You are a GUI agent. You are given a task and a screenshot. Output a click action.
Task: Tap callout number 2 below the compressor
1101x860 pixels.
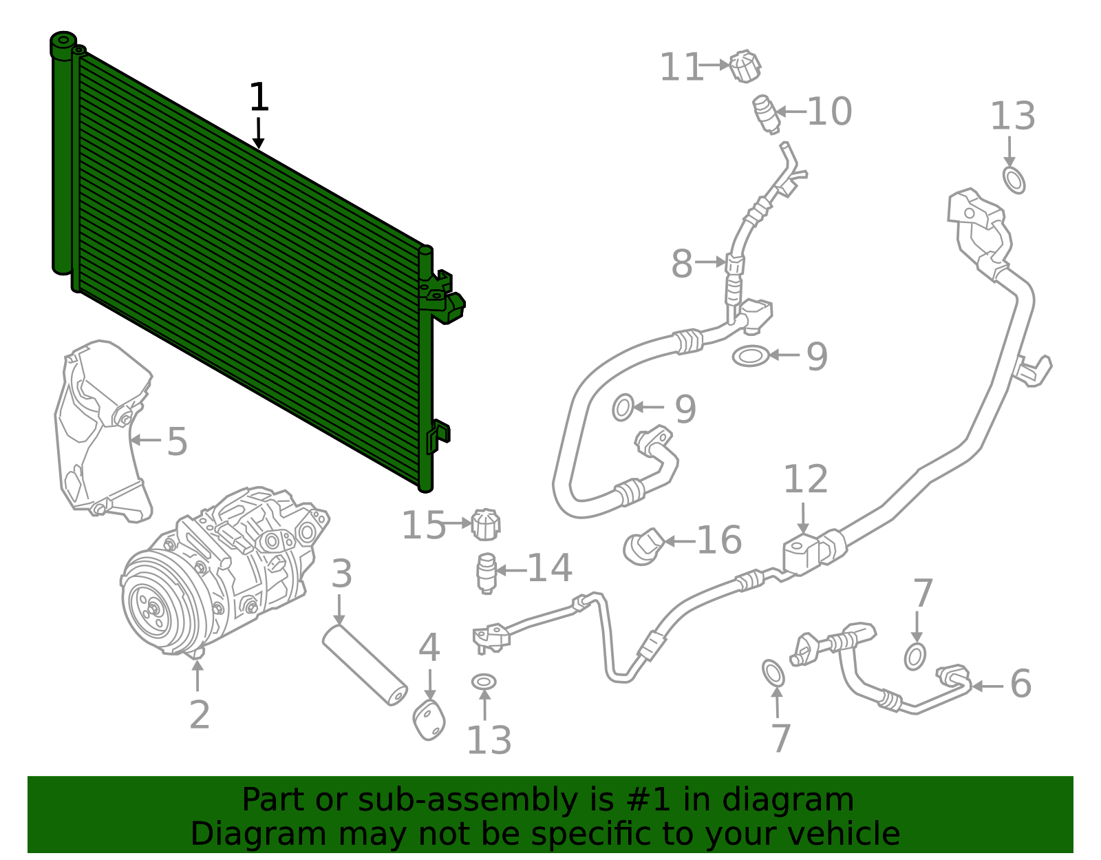coord(199,715)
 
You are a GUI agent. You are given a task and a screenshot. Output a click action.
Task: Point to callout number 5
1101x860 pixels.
coord(178,441)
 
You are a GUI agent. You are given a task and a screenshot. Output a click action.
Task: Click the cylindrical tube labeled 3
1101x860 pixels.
coord(365,665)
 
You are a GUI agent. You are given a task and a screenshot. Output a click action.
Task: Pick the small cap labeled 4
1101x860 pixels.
coord(429,720)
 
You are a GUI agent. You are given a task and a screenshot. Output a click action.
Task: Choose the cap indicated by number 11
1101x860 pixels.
coord(745,66)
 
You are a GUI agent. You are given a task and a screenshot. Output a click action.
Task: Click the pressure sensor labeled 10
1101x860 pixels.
coord(766,114)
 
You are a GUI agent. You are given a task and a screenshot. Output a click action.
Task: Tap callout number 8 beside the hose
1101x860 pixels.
coord(682,264)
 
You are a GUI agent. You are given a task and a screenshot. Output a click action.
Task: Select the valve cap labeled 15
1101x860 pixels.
coord(485,525)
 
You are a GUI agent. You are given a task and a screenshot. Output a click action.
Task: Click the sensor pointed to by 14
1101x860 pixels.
coord(487,573)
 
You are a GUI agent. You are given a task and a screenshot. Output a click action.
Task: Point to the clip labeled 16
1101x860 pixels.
coord(643,547)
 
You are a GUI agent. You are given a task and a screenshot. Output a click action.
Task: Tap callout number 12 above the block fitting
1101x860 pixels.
coord(806,479)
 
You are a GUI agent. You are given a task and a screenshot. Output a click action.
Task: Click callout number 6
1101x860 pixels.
coord(1020,684)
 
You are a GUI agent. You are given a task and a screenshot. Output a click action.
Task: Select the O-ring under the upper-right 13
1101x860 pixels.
coord(1014,180)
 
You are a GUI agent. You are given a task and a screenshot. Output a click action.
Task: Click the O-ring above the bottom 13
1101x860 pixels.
coord(484,682)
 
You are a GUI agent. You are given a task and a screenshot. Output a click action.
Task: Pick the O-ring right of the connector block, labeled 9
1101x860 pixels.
coord(750,356)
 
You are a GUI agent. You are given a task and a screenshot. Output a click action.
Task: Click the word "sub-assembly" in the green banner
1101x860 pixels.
coord(467,801)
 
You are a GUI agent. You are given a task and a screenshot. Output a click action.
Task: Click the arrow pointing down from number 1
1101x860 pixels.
coord(259,134)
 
